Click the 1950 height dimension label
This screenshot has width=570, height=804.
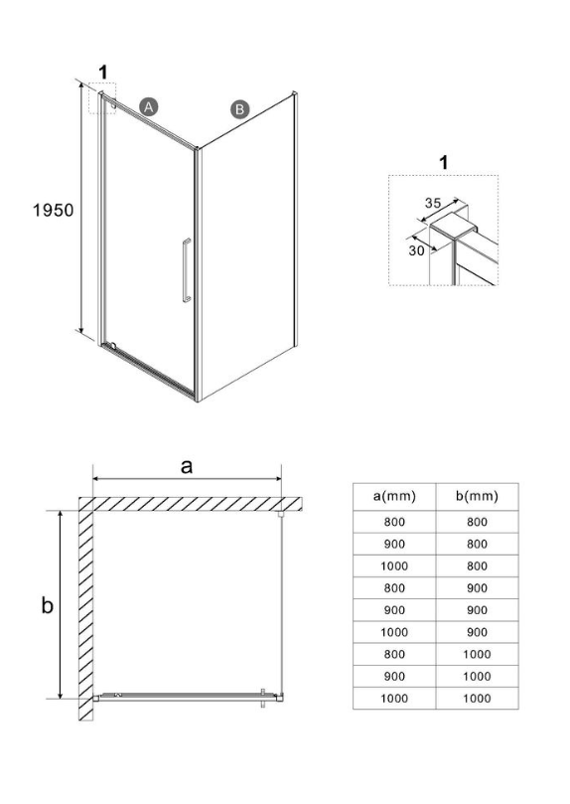click(54, 210)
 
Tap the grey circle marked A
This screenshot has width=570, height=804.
click(149, 107)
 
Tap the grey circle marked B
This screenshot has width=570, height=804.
click(239, 109)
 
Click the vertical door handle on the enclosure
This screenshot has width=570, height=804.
click(187, 270)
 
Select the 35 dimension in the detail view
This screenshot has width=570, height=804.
click(433, 203)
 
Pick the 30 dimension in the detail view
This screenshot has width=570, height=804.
click(416, 250)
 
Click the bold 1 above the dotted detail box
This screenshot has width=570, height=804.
click(444, 163)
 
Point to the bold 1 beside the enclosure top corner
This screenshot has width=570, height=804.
click(103, 73)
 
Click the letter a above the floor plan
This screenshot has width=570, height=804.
click(187, 467)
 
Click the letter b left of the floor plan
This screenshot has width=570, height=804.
click(47, 605)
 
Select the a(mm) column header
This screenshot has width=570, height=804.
click(394, 496)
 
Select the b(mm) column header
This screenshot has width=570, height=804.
click(477, 496)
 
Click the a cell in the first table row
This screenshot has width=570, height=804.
click(394, 522)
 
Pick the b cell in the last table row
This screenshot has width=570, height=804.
click(477, 699)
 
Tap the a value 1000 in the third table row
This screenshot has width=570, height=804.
click(394, 566)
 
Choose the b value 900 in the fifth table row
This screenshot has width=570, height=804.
click(477, 610)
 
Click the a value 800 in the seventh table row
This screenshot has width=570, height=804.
click(394, 654)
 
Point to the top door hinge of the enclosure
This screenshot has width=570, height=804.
click(112, 105)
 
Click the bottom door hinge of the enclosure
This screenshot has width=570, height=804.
click(112, 346)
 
